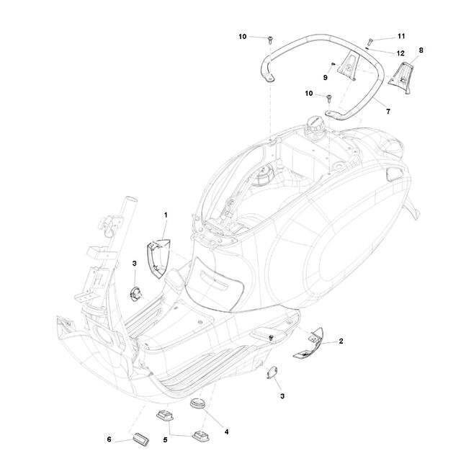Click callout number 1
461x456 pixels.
[166, 215]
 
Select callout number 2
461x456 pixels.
[341, 341]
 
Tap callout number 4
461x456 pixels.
[226, 432]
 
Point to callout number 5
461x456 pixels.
[165, 439]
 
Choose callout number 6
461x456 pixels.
[109, 439]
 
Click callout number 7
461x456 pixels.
[388, 112]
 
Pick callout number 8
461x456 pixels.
[421, 50]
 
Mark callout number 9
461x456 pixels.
[325, 78]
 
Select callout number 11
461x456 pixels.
[401, 36]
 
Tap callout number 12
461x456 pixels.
[400, 53]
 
